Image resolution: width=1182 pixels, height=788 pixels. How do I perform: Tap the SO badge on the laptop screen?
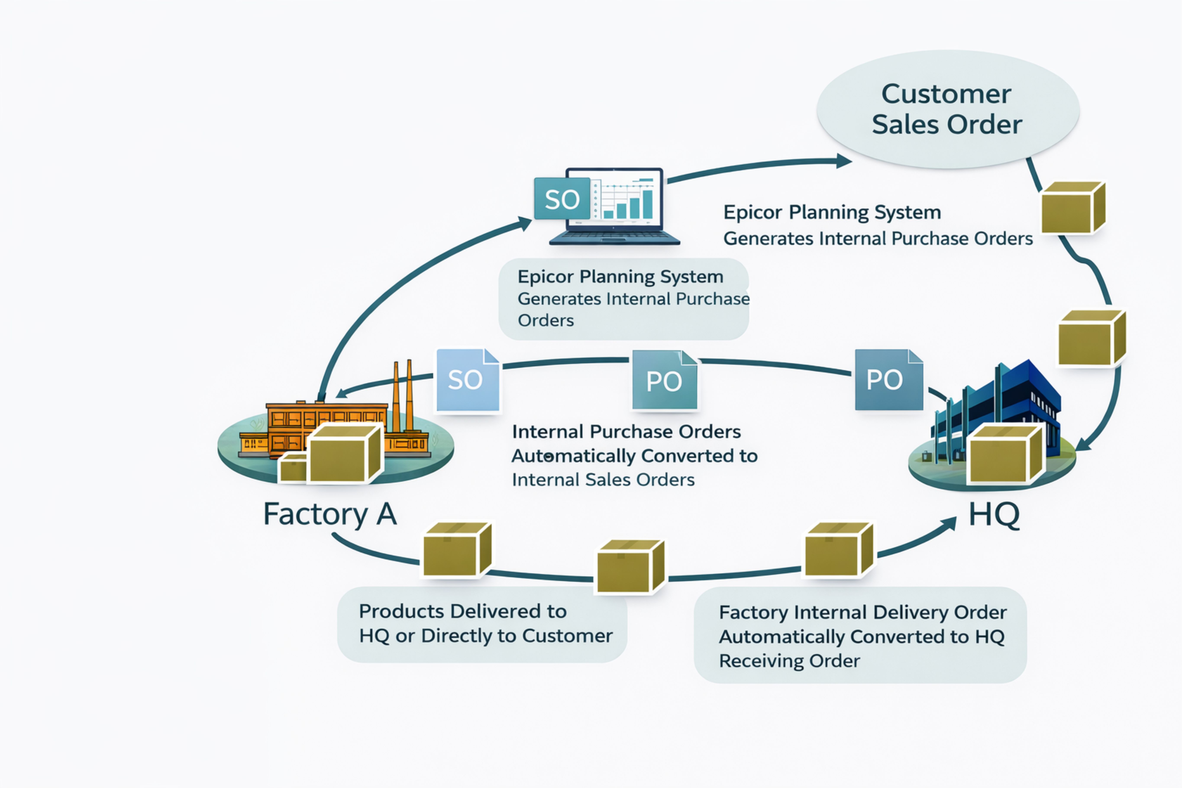pos(562,199)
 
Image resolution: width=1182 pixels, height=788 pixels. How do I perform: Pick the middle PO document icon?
pos(664,380)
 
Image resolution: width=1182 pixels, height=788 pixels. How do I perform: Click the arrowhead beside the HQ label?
pos(949,524)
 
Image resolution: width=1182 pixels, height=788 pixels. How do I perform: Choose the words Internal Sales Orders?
pos(603,480)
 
